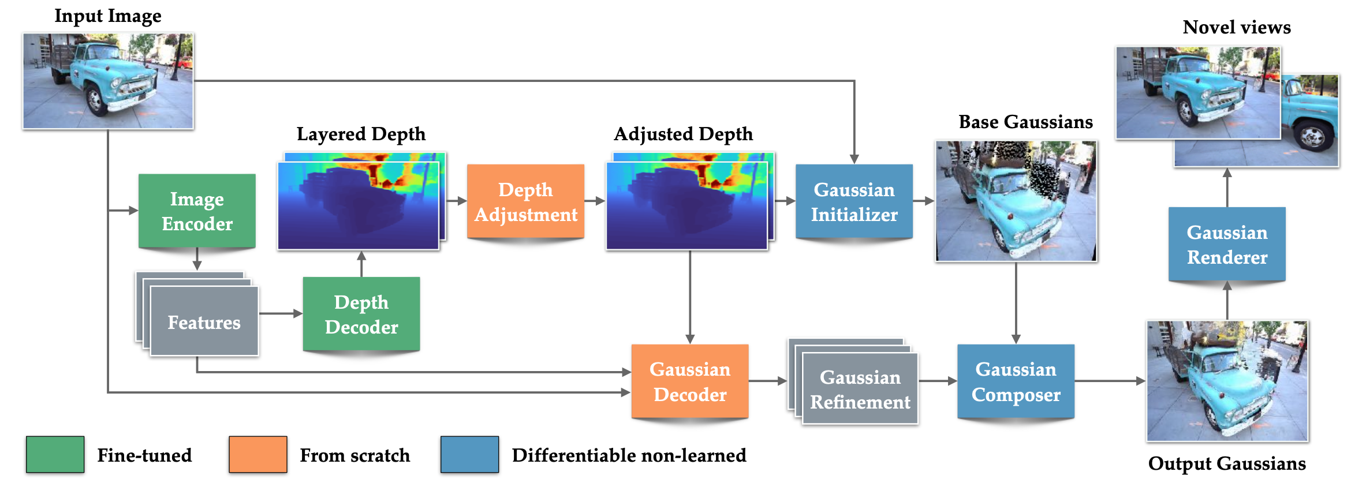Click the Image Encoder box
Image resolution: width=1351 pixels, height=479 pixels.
(x=197, y=211)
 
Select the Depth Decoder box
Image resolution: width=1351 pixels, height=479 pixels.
(x=361, y=315)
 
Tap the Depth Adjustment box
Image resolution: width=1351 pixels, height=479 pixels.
(x=525, y=202)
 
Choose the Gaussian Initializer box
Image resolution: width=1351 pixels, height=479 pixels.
(x=854, y=202)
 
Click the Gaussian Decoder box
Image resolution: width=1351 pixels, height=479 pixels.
(x=690, y=381)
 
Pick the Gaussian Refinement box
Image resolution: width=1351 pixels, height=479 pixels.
(x=860, y=390)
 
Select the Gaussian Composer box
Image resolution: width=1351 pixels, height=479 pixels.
(x=1016, y=381)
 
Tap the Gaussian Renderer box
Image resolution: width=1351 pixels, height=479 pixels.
(x=1227, y=244)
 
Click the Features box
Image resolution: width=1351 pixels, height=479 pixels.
(x=204, y=322)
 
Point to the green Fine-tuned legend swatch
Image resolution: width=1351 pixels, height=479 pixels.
(x=55, y=455)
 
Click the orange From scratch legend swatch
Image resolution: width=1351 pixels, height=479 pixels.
(x=257, y=455)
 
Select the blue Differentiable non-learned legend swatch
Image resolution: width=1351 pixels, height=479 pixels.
(x=469, y=455)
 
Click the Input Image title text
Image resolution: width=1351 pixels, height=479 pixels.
(x=108, y=16)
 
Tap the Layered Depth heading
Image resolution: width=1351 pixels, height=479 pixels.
(x=361, y=134)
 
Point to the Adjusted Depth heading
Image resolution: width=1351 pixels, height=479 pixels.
(x=683, y=134)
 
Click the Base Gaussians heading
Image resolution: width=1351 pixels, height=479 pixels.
(x=1025, y=122)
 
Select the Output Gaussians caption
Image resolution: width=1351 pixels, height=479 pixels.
(x=1227, y=463)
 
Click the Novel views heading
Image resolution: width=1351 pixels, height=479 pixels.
(x=1237, y=27)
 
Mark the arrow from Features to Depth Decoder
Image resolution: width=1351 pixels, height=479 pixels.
(x=281, y=313)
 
